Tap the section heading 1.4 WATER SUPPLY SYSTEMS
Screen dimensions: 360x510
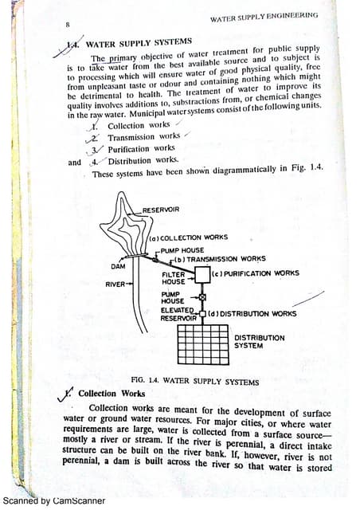(139, 42)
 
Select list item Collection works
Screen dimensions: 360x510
(139, 126)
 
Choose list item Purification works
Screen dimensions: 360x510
(141, 148)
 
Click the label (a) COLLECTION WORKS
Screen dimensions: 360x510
(189, 237)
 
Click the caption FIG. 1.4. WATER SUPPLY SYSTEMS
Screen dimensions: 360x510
(194, 382)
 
